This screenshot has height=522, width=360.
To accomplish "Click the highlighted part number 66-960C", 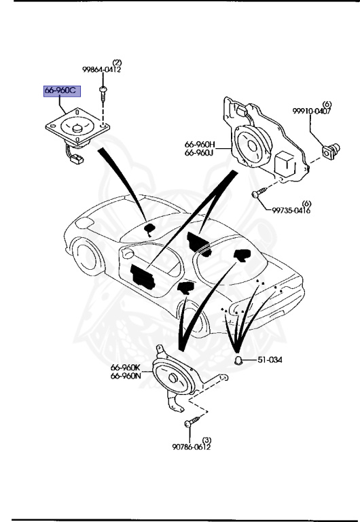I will point(61,92).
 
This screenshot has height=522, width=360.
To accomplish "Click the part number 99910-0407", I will point(312,111).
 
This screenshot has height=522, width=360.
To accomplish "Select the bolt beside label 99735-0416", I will point(256,195).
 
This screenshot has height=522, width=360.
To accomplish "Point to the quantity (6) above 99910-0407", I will point(327,103).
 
